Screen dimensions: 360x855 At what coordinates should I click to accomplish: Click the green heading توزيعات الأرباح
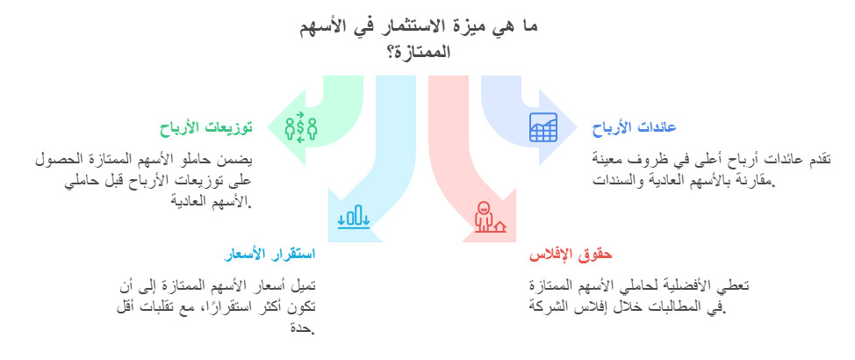[x=205, y=128]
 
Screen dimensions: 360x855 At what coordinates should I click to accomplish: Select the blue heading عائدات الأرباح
[x=633, y=129]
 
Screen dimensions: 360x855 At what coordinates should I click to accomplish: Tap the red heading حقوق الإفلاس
[x=571, y=256]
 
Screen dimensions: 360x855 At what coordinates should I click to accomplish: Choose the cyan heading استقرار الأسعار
[x=269, y=256]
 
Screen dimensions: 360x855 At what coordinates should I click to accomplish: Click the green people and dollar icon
[x=300, y=127]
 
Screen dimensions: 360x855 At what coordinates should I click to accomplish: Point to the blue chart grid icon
[x=542, y=127]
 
